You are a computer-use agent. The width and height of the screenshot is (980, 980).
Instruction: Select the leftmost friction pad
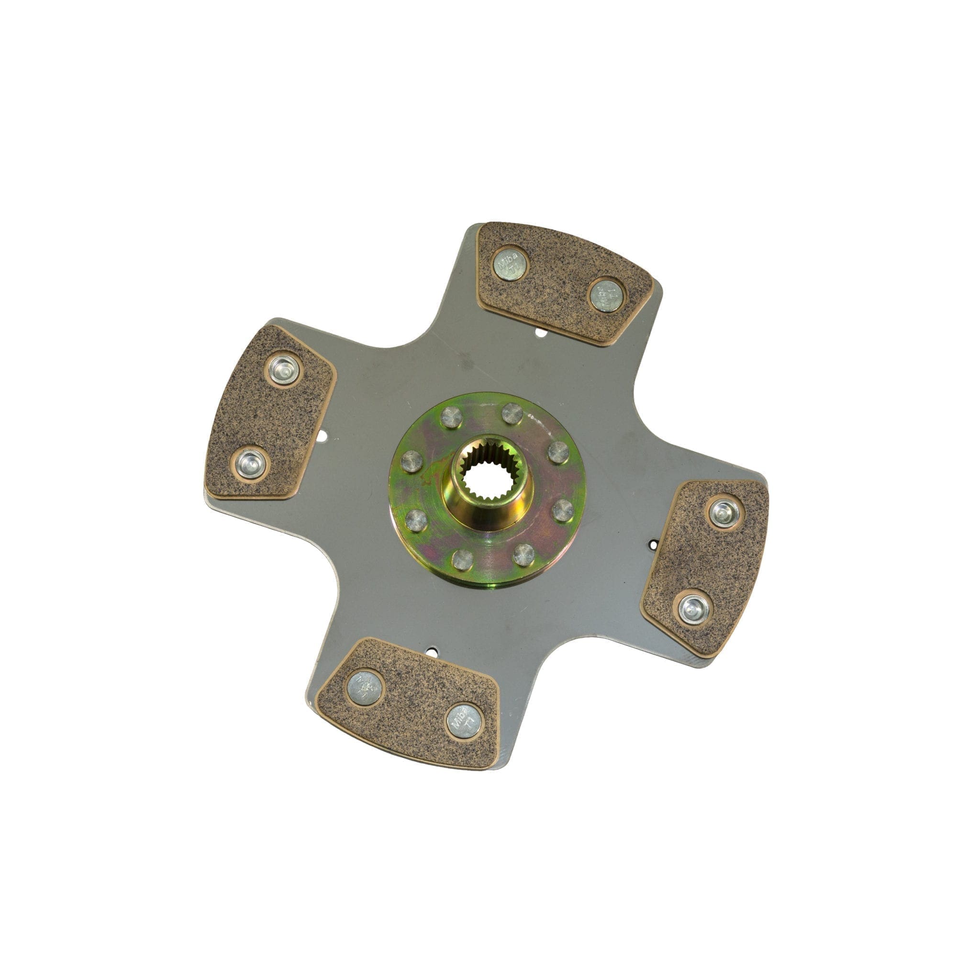269,413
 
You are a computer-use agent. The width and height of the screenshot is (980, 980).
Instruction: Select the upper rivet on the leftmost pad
284,369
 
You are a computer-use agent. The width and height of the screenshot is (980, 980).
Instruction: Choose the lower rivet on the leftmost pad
250,464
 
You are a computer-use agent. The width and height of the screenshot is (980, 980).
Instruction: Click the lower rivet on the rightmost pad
693,609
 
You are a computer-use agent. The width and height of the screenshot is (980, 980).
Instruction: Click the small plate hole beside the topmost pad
541,333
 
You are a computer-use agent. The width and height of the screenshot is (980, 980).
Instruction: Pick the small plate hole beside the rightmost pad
654,545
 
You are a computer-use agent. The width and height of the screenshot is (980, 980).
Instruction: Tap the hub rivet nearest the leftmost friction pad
412,462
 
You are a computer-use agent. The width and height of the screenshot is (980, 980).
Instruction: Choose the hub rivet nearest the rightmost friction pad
563,510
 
